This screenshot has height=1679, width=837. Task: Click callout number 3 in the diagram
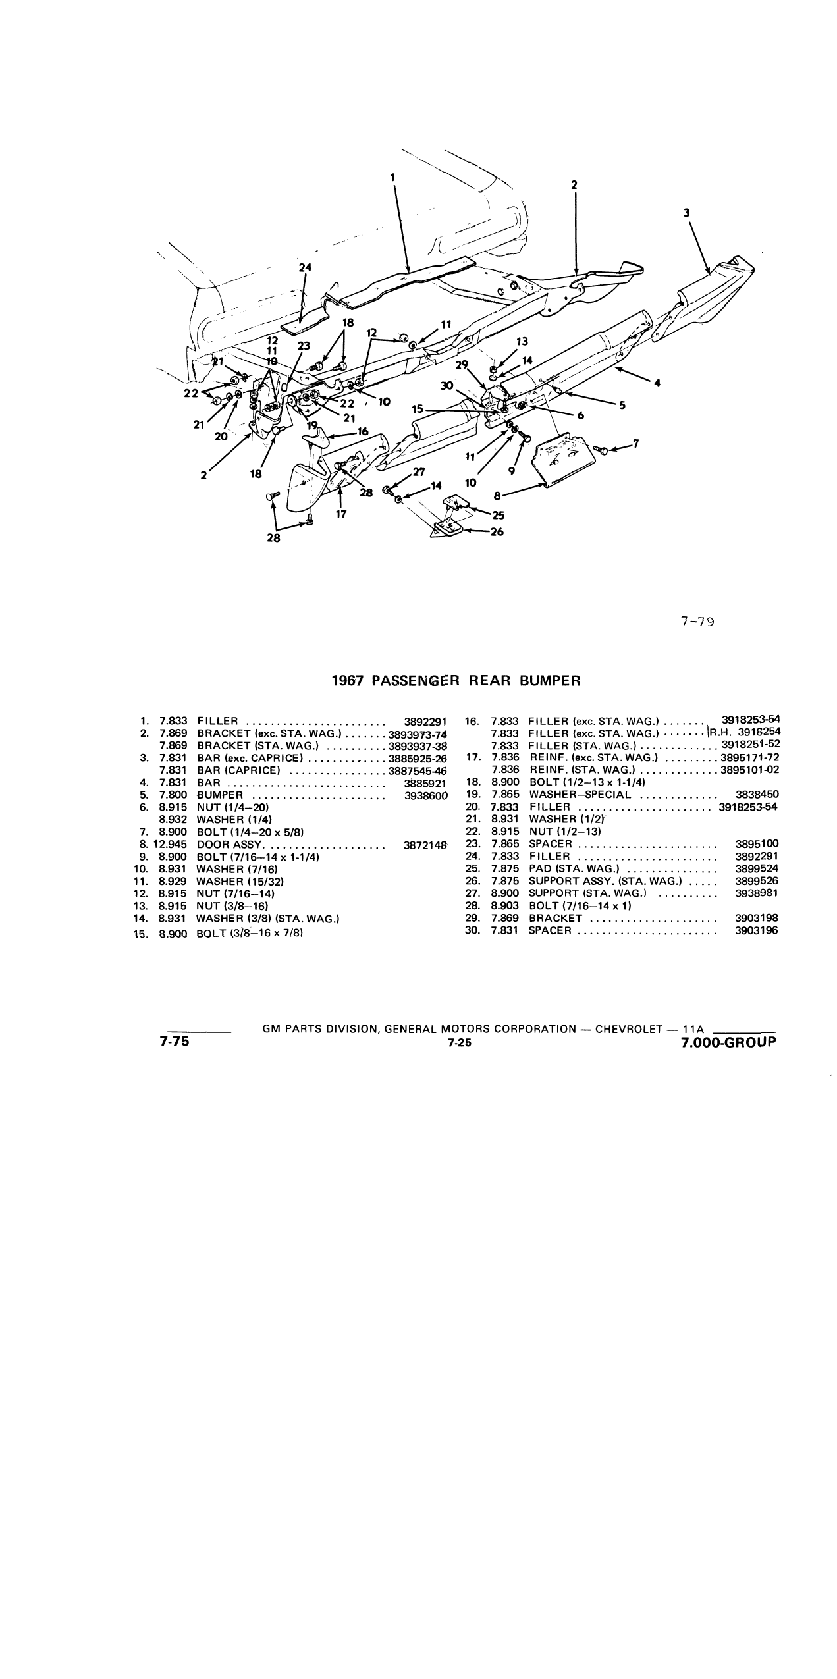tap(686, 213)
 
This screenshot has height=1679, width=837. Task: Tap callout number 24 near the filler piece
tap(305, 267)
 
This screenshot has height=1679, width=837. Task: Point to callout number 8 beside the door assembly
tap(498, 494)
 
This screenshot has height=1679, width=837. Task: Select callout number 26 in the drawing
tap(497, 531)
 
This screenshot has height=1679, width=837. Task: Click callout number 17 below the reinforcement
tap(340, 514)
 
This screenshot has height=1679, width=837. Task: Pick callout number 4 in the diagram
tap(657, 383)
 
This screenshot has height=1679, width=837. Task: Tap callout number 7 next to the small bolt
tap(635, 443)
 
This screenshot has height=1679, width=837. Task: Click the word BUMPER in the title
tap(550, 681)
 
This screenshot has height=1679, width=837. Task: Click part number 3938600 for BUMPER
tap(425, 795)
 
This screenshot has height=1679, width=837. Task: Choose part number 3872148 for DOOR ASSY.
tap(425, 845)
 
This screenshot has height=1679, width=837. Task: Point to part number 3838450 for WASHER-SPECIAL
tap(757, 795)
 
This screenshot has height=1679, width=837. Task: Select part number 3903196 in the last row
tap(757, 930)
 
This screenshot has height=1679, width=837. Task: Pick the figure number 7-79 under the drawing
tap(697, 620)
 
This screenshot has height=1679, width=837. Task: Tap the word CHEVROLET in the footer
tap(628, 1029)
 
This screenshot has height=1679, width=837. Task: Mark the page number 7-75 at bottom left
tap(174, 1042)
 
